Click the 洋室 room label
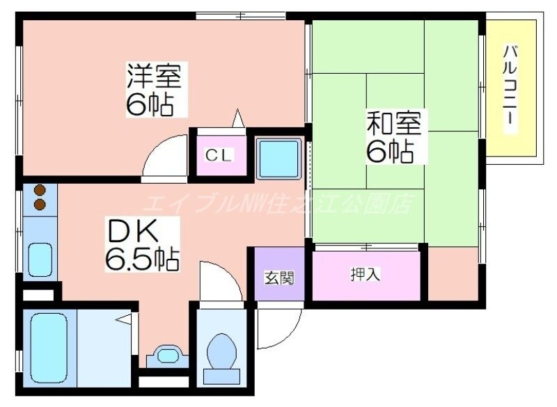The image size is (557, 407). coord(154,75)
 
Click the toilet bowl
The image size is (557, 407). coord(222,353)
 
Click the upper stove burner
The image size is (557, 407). coord(40,190)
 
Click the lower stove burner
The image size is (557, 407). coord(40,205)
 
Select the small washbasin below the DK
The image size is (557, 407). coord(167,356)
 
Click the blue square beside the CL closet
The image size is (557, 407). coord(278,156)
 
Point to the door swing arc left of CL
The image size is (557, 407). coord(164,159)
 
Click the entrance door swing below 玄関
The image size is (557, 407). coord(278,325)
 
